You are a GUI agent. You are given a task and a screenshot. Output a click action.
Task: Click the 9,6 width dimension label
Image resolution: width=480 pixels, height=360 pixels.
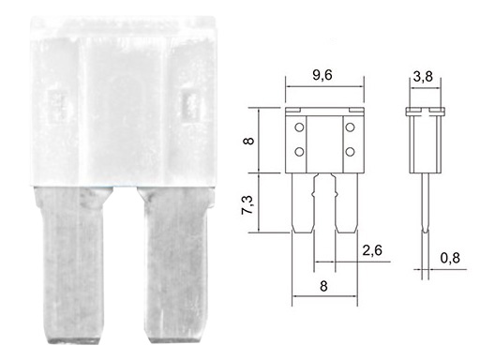(x=322, y=75)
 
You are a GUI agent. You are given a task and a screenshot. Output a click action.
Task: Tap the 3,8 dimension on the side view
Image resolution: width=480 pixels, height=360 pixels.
(x=423, y=76)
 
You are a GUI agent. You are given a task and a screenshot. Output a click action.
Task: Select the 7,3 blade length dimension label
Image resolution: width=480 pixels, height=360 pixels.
(x=247, y=205)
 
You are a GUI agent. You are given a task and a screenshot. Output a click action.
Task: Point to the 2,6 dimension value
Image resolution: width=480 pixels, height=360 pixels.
(x=372, y=250)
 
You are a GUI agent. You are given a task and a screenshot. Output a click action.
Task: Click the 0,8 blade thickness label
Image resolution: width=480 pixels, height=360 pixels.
(x=450, y=258)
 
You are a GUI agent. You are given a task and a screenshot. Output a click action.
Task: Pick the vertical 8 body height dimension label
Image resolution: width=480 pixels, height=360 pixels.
(x=248, y=141)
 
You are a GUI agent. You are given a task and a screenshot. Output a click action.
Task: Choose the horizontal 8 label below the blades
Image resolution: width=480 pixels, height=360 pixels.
(x=323, y=286)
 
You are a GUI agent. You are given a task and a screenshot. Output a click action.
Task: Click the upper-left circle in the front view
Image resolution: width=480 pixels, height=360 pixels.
(x=299, y=127)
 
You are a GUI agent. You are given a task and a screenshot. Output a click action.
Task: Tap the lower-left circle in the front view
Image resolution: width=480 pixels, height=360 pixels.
(x=299, y=152)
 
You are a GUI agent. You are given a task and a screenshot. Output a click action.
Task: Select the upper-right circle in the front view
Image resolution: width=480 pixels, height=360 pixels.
(x=350, y=127)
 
